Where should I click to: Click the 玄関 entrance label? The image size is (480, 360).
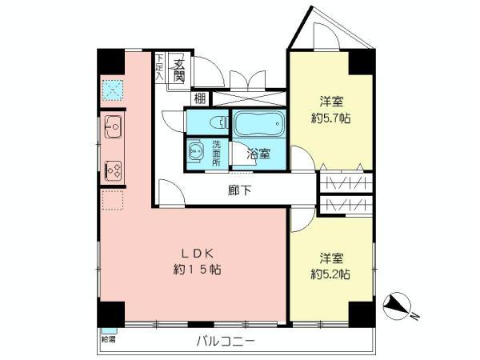click(180, 70)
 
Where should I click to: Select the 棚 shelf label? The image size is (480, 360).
click(197, 99)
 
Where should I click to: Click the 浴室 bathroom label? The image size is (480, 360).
click(257, 155)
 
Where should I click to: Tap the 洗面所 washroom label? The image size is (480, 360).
click(217, 153)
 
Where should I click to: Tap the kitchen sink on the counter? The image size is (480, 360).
click(113, 126)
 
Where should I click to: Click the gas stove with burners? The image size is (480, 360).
click(113, 170)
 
